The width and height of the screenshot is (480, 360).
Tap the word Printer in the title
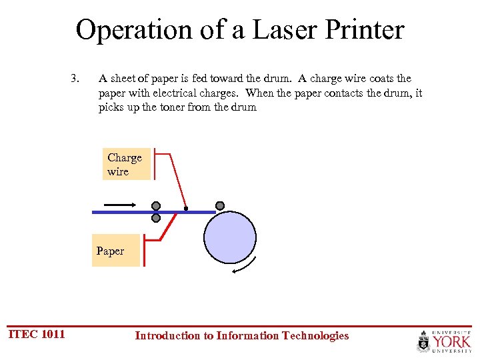(x=360, y=30)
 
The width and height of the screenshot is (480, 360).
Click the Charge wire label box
(x=125, y=165)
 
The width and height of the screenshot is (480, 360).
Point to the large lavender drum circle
(x=230, y=237)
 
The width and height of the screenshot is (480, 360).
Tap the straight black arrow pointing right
(x=120, y=205)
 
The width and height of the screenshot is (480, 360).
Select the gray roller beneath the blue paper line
(x=156, y=218)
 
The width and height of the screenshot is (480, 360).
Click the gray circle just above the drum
(x=220, y=205)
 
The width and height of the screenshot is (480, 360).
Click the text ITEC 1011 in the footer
(x=37, y=334)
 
